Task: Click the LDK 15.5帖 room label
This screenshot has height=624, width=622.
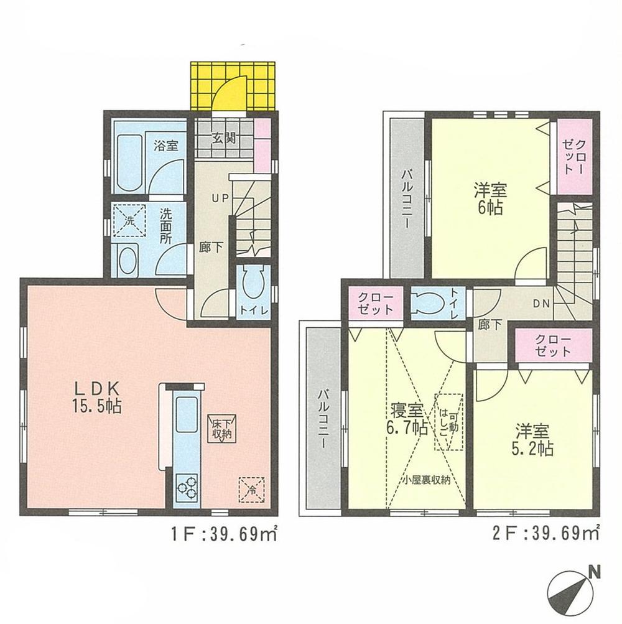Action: click(98, 398)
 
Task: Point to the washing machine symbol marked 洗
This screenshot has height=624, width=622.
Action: click(130, 220)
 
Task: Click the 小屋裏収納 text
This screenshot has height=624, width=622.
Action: click(425, 480)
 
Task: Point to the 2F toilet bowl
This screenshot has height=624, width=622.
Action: click(427, 303)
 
